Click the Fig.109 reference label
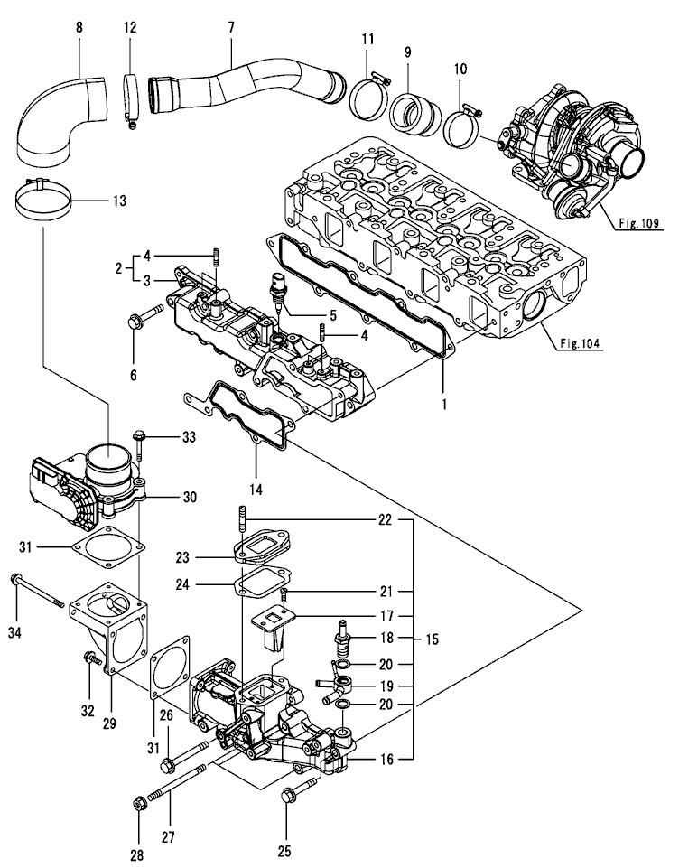[x=638, y=224]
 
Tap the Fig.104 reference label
[x=580, y=344]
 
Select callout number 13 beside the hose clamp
[x=119, y=201]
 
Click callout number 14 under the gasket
[x=256, y=490]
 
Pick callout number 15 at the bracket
[x=432, y=639]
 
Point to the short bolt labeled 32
[x=91, y=658]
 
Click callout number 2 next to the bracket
[x=119, y=268]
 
